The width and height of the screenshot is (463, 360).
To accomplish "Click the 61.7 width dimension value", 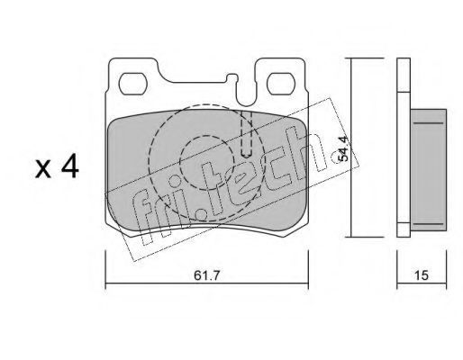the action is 207,275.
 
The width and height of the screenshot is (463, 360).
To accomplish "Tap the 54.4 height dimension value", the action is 342,148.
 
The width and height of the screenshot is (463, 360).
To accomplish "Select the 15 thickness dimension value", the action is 422,275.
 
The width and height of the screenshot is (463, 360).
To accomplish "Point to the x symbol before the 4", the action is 43,169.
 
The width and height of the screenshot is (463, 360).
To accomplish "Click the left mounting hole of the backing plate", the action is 132,84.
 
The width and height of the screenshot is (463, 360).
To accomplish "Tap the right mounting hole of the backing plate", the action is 280,84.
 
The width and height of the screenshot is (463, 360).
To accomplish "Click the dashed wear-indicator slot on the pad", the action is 247,134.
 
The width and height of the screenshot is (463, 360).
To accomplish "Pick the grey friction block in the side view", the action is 429,170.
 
